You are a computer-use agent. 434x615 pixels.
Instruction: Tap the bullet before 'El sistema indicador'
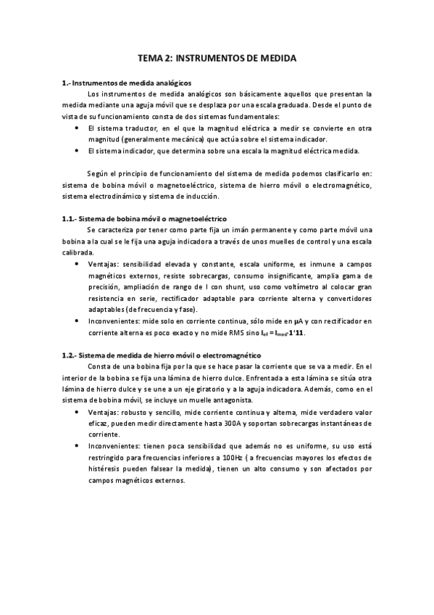(77, 151)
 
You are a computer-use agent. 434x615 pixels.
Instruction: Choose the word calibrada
(78, 252)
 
